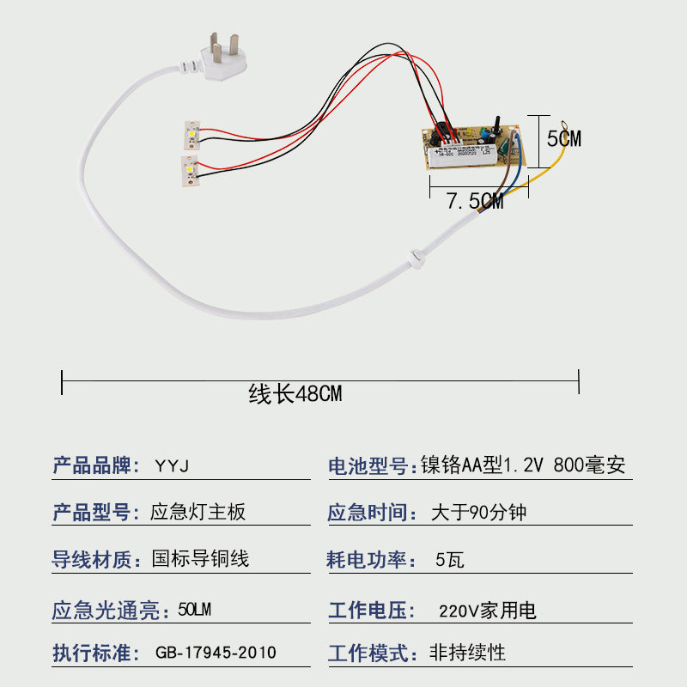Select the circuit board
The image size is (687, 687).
(472, 148)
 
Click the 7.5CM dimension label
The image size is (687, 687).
(474, 203)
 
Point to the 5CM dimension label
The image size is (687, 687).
(563, 138)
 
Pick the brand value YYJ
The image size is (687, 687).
(172, 466)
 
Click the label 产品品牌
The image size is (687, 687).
(95, 466)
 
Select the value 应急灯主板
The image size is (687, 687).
(198, 513)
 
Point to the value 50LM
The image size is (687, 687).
(194, 611)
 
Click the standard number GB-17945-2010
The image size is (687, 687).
(216, 653)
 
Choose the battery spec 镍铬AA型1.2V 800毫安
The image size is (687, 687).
(523, 466)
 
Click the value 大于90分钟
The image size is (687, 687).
(478, 513)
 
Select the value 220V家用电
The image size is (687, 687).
(487, 611)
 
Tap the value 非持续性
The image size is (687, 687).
(467, 653)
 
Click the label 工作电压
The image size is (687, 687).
(368, 611)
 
